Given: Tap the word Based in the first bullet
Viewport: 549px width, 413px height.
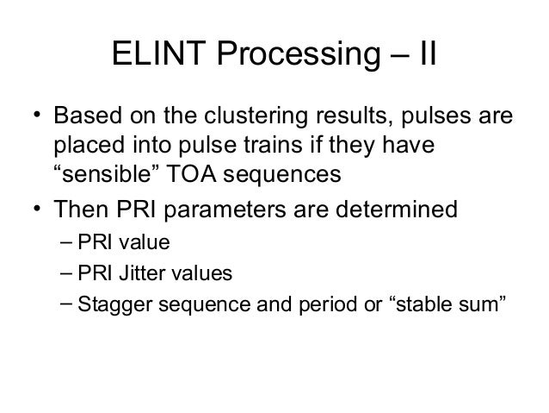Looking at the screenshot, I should point(87,116).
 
